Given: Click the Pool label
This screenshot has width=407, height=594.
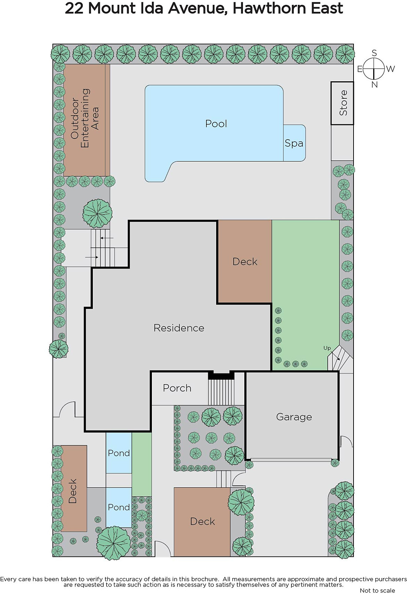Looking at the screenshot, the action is [216, 124].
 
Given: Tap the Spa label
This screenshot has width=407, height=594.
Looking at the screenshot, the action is [294, 143].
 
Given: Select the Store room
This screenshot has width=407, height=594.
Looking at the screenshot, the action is [342, 103].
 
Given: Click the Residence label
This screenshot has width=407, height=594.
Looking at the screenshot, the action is [179, 328].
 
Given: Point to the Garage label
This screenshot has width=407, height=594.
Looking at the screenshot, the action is [294, 417].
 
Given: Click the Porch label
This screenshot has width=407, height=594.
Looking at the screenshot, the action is [177, 388].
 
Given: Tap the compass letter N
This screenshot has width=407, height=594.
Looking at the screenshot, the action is [374, 85].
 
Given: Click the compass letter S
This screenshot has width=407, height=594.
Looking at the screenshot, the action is [374, 53].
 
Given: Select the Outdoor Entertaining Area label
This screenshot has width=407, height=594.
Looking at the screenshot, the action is [85, 118].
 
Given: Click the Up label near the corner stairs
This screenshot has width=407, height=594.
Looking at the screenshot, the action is [327, 348].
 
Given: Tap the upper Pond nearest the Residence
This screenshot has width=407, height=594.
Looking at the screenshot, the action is [119, 453].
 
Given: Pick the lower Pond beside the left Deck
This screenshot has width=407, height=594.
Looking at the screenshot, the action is [119, 507].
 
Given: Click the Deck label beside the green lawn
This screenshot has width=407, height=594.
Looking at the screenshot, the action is [245, 262].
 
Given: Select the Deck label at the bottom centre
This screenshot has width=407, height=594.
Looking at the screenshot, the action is [202, 521].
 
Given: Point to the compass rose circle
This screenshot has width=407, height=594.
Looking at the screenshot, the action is [374, 69].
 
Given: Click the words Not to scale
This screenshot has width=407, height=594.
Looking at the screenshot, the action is [377, 590].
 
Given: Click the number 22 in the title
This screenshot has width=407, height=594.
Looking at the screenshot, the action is [74, 8].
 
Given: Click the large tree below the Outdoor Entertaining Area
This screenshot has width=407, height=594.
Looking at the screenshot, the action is [97, 213].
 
